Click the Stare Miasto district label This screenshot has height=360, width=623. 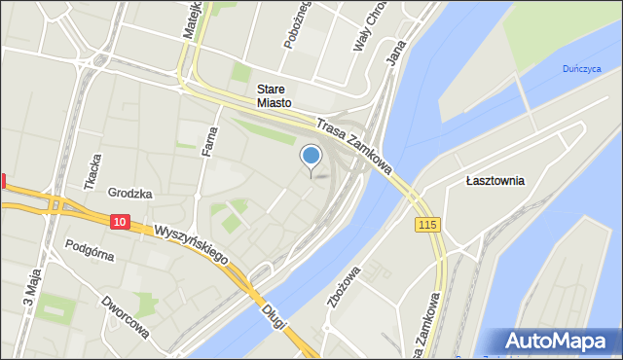(x=275, y=95)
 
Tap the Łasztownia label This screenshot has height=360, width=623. (x=495, y=180)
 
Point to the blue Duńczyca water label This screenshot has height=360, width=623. (x=582, y=68)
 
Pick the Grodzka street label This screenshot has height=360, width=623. (x=130, y=193)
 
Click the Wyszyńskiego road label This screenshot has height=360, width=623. (x=191, y=243)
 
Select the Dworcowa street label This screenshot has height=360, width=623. (x=127, y=317)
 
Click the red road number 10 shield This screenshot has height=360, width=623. (x=119, y=222)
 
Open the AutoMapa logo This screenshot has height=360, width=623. (x=560, y=342)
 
